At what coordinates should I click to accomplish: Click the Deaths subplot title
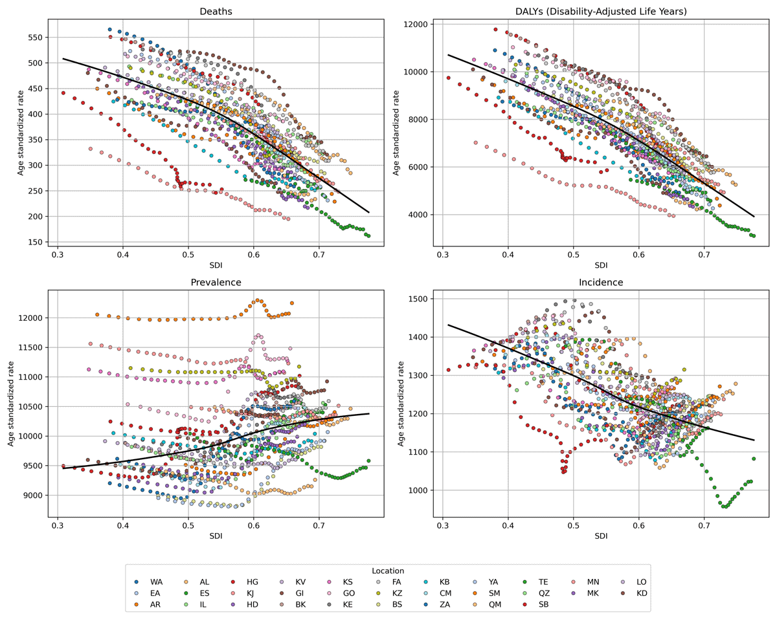pyautogui.click(x=216, y=12)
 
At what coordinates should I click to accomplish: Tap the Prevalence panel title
pyautogui.click(x=216, y=283)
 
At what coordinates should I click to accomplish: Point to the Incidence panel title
pyautogui.click(x=601, y=283)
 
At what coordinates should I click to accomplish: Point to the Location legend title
pyautogui.click(x=388, y=571)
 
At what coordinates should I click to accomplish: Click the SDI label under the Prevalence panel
pyautogui.click(x=216, y=537)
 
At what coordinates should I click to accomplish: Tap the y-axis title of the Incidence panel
pyautogui.click(x=401, y=404)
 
